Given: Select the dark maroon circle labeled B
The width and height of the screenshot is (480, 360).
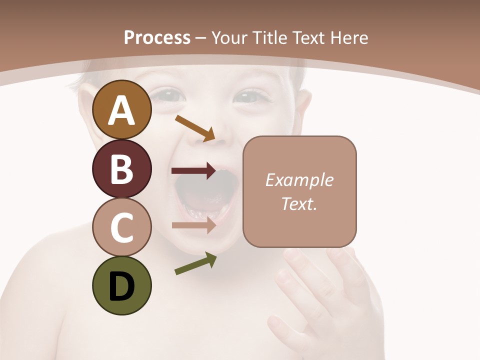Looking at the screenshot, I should [122, 169].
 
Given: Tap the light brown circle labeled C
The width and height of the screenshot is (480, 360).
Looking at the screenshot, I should [122, 227].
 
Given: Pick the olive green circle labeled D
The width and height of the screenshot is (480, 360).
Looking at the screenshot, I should [122, 286].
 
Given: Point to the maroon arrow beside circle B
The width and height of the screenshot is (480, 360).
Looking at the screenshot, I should [193, 171].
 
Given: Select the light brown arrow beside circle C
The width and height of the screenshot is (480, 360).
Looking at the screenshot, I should [193, 225].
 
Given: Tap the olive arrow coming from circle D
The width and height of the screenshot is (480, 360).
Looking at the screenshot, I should [195, 263].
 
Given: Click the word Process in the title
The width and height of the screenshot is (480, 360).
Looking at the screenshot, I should [157, 37].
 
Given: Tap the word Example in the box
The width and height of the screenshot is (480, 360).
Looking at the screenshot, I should [299, 180].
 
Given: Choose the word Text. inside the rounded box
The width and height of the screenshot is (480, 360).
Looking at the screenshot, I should [299, 203].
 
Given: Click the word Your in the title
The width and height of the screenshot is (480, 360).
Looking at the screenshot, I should [230, 37].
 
